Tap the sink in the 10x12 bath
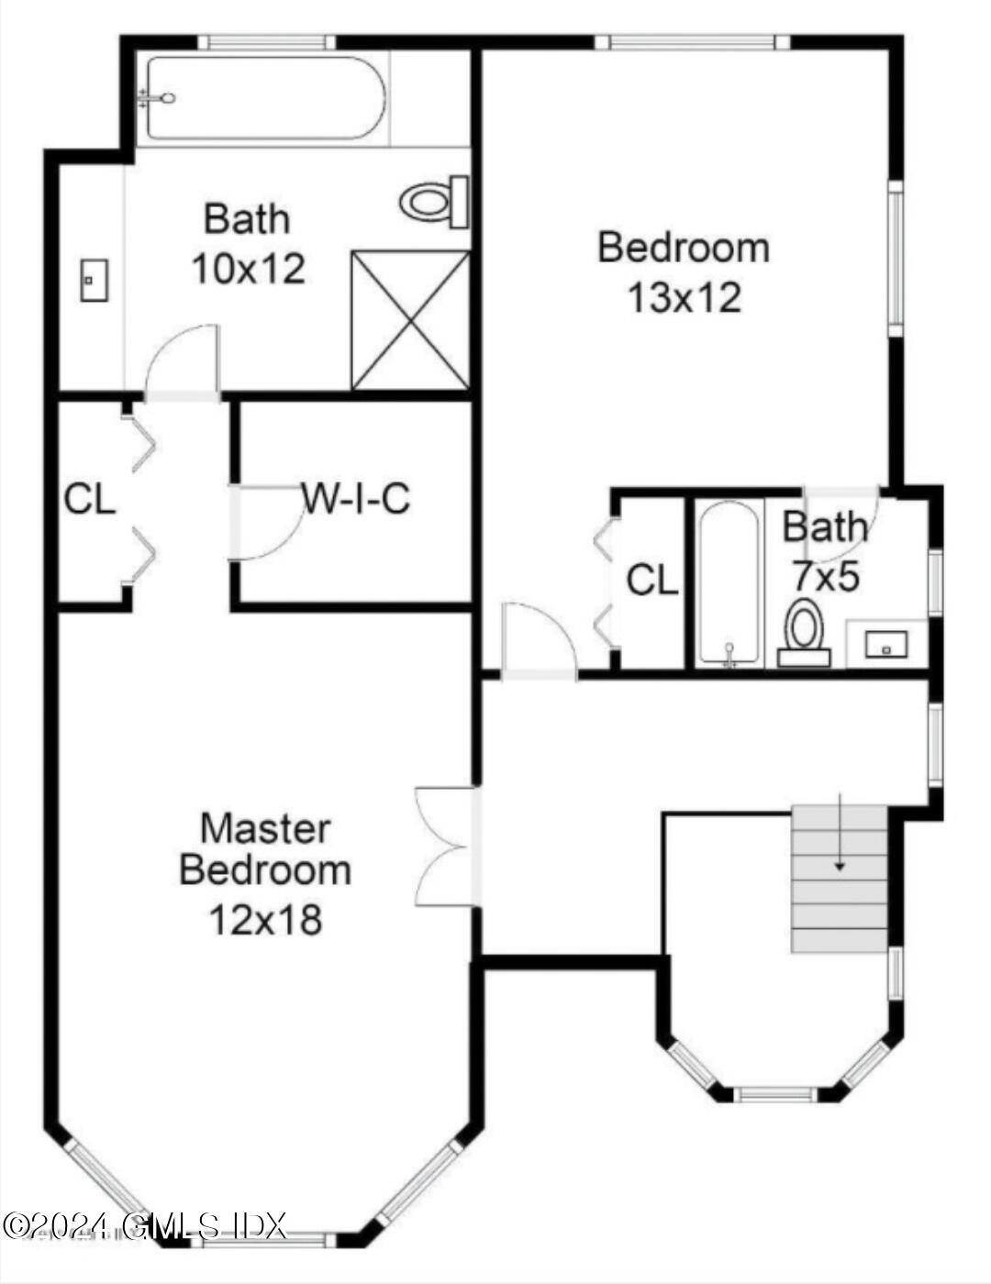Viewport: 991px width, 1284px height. coord(94,280)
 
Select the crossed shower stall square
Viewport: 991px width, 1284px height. coord(410,320)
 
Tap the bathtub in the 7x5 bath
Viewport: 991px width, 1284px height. coord(728,581)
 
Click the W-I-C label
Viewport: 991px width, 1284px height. coord(356,499)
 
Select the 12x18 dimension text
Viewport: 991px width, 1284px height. coord(266,918)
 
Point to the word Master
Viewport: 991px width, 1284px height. coord(265,828)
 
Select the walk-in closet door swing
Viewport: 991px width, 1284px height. coord(267,524)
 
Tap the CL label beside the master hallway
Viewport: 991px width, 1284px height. coord(90,500)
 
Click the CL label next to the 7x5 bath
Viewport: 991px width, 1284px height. coord(652,581)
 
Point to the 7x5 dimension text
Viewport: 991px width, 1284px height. coord(826,577)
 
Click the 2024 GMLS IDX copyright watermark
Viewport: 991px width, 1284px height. coord(145,1224)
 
